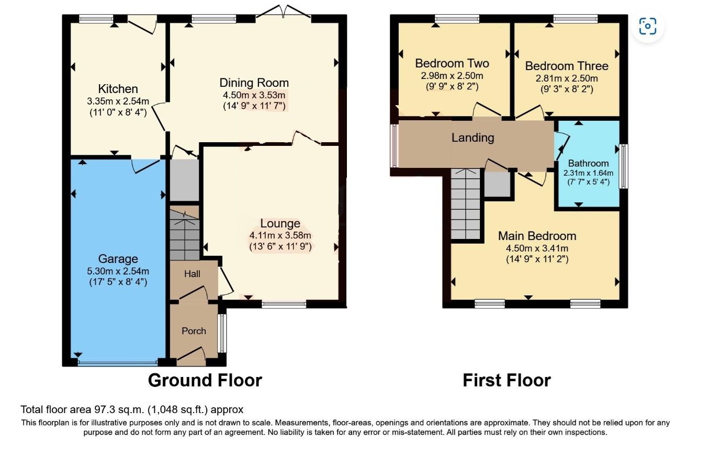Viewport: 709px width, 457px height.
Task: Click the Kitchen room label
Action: [x=118, y=89]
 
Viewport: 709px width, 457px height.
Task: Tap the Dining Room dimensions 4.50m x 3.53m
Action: [x=254, y=95]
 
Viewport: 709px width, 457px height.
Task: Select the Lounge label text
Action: [x=280, y=223]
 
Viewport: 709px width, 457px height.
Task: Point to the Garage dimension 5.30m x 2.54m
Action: [x=118, y=271]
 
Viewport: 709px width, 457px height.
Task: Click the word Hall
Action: [x=192, y=273]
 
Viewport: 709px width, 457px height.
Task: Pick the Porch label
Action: [x=194, y=331]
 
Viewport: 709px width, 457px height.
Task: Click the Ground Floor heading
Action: [x=205, y=380]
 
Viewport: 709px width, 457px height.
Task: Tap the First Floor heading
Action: [x=507, y=380]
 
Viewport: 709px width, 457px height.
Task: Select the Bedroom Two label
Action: [x=452, y=63]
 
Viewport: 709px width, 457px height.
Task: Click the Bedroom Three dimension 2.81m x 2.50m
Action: [x=567, y=78]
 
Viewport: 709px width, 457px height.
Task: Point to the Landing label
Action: [x=472, y=138]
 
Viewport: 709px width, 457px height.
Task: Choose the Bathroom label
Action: [x=589, y=163]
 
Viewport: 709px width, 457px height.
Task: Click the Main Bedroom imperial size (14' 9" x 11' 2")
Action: [x=537, y=259]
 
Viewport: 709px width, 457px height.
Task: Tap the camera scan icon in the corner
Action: [x=648, y=26]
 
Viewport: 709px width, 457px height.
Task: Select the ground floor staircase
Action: [x=185, y=233]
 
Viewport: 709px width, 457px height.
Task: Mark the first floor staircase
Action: [x=466, y=204]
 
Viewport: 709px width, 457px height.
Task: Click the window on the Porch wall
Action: [x=222, y=333]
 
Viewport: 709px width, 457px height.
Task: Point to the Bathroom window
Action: [x=623, y=166]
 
